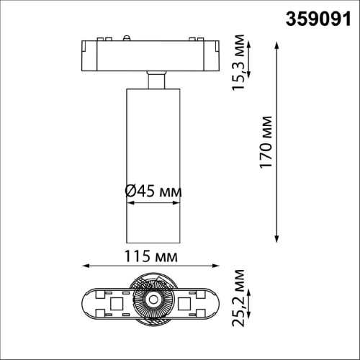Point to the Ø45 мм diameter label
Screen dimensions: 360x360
(153, 192)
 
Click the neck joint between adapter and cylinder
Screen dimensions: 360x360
(152, 79)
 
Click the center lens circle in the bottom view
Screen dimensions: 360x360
(152, 300)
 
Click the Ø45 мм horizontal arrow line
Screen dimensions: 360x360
(152, 203)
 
